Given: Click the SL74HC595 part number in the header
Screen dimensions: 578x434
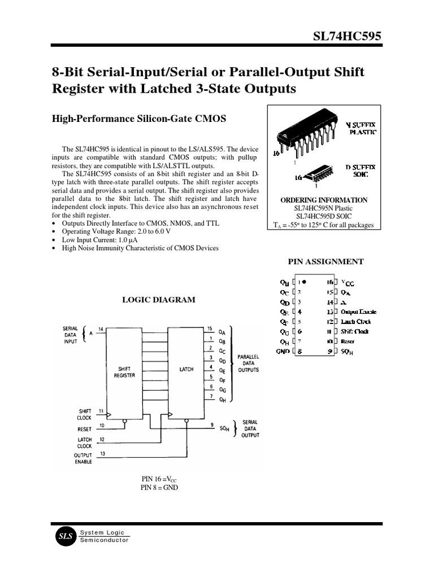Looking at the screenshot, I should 347,37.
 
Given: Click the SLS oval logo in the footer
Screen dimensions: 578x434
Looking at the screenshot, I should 66,537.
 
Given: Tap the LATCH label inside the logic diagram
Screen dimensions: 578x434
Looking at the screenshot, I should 186,369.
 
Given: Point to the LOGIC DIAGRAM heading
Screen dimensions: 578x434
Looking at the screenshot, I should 159,300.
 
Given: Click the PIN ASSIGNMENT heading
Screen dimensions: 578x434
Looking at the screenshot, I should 325,261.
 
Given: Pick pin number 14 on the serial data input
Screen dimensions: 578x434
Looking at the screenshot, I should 101,329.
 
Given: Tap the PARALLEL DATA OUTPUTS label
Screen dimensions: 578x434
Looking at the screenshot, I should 248,364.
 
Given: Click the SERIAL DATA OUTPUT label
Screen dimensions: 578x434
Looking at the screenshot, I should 250,429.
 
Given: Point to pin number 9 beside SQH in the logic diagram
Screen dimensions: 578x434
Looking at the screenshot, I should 211,424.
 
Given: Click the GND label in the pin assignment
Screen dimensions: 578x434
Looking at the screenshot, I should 283,351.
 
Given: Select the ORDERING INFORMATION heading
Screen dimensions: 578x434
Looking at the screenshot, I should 323,200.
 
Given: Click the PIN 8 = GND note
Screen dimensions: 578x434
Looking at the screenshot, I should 159,488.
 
